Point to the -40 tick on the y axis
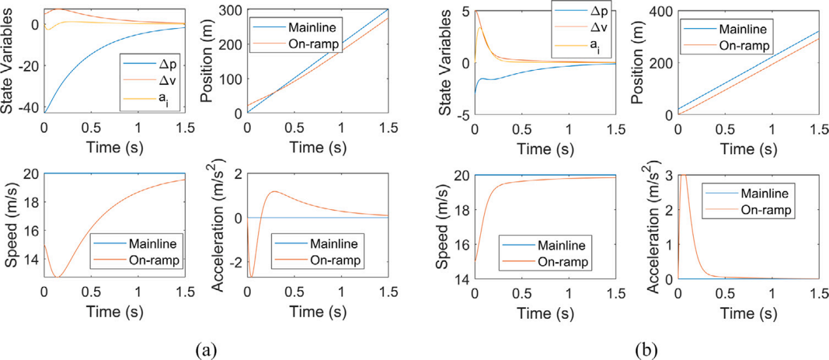click(x=31, y=108)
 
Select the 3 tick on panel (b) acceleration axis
click(x=670, y=175)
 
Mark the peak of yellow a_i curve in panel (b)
click(x=481, y=27)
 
